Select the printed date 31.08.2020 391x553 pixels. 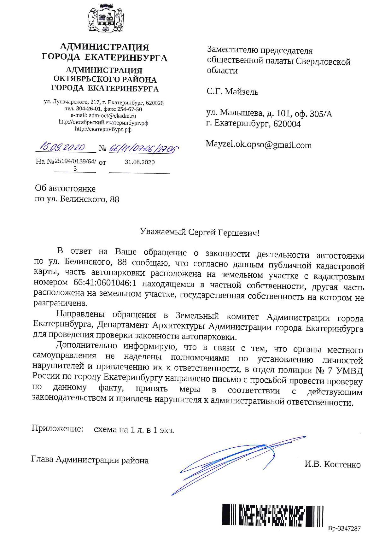pos(140,162)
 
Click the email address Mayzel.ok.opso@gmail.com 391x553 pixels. pos(259,145)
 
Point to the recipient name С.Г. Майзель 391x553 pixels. pos(232,92)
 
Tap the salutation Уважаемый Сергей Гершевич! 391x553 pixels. pos(200,233)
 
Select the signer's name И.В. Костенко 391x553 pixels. pos(332,464)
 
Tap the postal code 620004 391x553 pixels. pos(287,124)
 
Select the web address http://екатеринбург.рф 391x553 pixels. pos(103,129)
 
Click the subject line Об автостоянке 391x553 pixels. pos(65,189)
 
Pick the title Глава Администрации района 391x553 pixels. pos(90,460)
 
